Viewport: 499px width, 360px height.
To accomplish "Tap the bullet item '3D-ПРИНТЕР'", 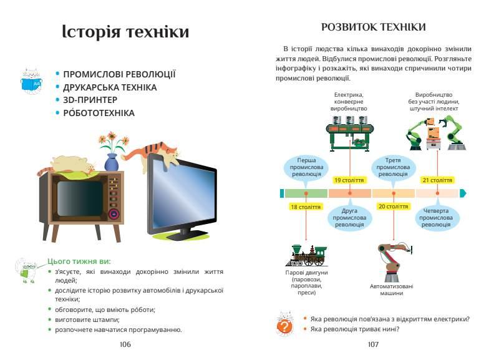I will tap(90, 100).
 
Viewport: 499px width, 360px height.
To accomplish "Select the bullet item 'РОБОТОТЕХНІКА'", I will tap(99, 113).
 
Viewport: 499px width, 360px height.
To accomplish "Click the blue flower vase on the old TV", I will tap(111, 162).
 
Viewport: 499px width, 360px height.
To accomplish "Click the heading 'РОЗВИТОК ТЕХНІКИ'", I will tap(373, 27).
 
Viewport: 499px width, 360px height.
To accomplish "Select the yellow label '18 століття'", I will tap(306, 207).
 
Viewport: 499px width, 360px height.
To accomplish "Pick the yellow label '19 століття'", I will tap(349, 180).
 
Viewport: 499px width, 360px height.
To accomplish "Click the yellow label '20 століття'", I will tap(393, 207).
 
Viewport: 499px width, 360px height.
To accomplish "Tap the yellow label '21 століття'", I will tap(437, 180).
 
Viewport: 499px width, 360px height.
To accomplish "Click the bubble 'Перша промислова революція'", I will tap(306, 167).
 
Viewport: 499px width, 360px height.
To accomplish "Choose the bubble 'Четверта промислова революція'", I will tap(437, 218).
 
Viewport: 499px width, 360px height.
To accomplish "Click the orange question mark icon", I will tap(284, 326).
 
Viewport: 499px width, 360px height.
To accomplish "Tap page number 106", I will tap(125, 344).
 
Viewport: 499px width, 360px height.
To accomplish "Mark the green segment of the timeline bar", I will tap(306, 193).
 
